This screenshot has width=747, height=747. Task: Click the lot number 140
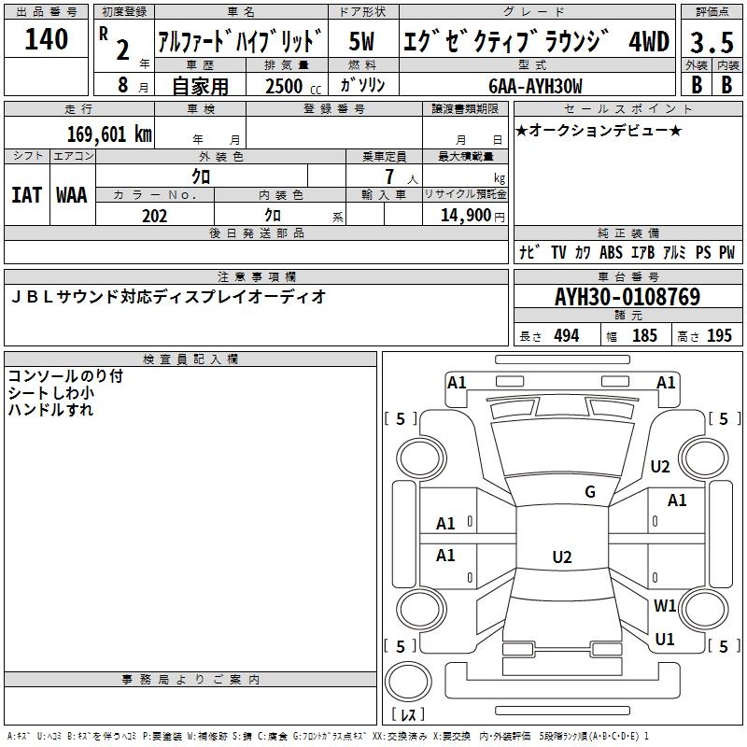pyautogui.click(x=47, y=39)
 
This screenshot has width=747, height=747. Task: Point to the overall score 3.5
pyautogui.click(x=708, y=42)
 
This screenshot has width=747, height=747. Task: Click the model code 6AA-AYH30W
pyautogui.click(x=535, y=86)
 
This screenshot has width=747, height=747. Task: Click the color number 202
pyautogui.click(x=154, y=216)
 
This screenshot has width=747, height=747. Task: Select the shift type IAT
pyautogui.click(x=27, y=195)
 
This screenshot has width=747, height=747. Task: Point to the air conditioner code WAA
pyautogui.click(x=72, y=195)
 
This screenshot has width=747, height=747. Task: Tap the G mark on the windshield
pyautogui.click(x=590, y=492)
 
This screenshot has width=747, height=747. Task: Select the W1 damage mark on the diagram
pyautogui.click(x=665, y=605)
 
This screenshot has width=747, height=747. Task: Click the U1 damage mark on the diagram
pyautogui.click(x=665, y=640)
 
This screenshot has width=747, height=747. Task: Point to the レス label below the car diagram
pyautogui.click(x=409, y=714)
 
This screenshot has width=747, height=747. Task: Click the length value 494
pyautogui.click(x=566, y=336)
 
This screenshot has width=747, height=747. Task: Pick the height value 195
pyautogui.click(x=719, y=336)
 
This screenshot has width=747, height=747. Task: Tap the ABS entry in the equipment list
pyautogui.click(x=611, y=252)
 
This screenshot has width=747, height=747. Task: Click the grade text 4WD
pyautogui.click(x=649, y=42)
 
